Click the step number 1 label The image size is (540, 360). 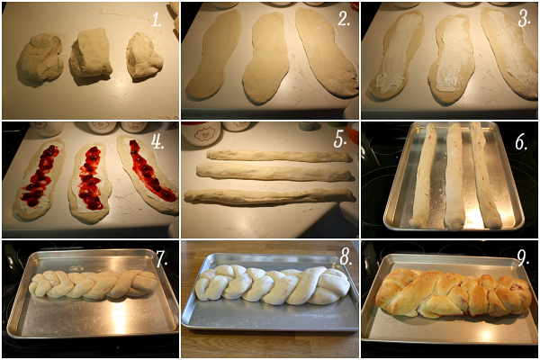click(x=157, y=21)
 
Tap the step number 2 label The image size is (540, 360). click(x=344, y=19)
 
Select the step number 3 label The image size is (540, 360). click(x=524, y=20)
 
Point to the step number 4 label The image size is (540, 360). click(x=157, y=141)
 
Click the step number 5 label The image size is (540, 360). click(x=340, y=140)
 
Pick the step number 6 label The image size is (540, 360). click(x=521, y=142)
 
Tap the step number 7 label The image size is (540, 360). click(x=162, y=258)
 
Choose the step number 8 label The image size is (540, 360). click(x=346, y=257)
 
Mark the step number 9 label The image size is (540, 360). click(x=523, y=257)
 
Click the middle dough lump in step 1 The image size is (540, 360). click(x=91, y=53)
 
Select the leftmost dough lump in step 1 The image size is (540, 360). click(x=40, y=58)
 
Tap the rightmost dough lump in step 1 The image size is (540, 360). click(x=144, y=56)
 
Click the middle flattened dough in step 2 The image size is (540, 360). click(x=265, y=58)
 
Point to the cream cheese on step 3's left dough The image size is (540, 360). click(x=398, y=51)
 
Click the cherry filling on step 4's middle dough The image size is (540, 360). click(x=89, y=179)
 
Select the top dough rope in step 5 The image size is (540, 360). click(x=279, y=156)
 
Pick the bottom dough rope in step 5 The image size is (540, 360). click(x=268, y=197)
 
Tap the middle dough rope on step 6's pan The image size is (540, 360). click(x=454, y=175)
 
